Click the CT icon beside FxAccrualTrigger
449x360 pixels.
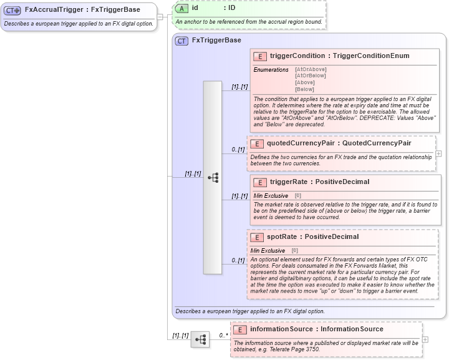coord(12,11)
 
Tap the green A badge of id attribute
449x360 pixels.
coord(181,8)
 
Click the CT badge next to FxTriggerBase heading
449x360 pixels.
coord(182,41)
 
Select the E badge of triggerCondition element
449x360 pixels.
coord(259,56)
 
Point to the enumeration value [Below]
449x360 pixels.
coord(305,89)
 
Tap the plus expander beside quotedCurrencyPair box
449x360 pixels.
coord(438,153)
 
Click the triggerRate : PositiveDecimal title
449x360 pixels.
coord(319,182)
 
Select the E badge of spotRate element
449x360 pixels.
coord(257,237)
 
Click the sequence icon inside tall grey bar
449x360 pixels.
coord(213,177)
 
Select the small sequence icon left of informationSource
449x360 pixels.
coord(200,339)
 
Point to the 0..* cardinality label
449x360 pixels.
coord(223,336)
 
